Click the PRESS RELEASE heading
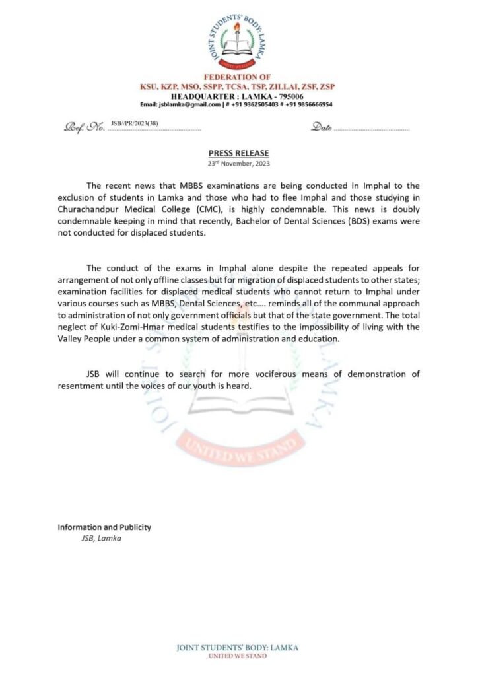coord(238,152)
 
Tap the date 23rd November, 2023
coord(238,163)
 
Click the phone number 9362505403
coord(252,104)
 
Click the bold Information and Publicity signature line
coord(104,527)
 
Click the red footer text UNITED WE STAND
coord(238,656)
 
